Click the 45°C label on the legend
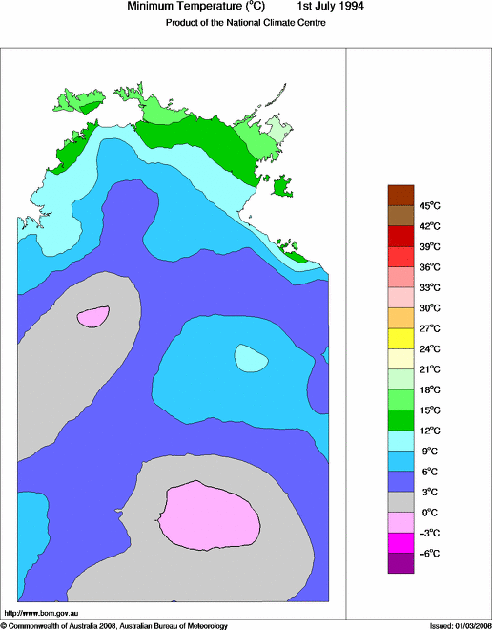click(x=430, y=205)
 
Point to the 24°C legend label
click(x=430, y=348)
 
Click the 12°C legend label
click(x=430, y=430)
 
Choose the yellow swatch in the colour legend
click(x=400, y=338)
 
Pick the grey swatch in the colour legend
click(x=400, y=501)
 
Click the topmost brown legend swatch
click(x=400, y=195)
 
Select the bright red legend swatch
click(x=400, y=256)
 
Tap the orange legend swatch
click(x=400, y=317)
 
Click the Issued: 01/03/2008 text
click(x=459, y=625)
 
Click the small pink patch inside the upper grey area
click(x=93, y=315)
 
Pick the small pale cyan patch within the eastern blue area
click(x=251, y=358)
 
